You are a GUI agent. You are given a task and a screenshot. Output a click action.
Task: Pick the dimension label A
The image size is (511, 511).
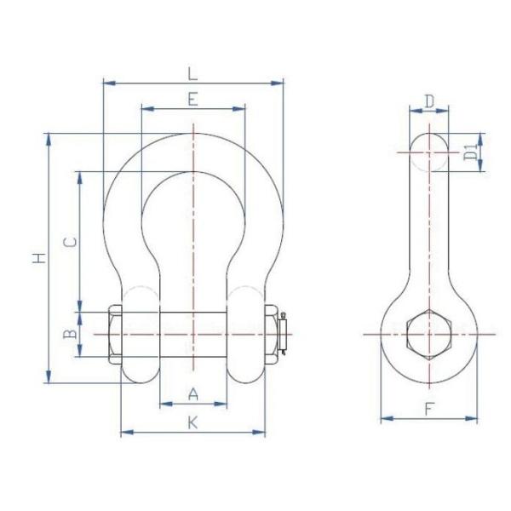click(x=192, y=393)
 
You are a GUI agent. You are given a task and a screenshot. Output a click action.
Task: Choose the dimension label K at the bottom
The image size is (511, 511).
click(x=192, y=422)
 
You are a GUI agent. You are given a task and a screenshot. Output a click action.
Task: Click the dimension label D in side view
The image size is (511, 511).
click(x=429, y=100)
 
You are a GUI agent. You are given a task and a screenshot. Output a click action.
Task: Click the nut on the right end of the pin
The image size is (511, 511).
click(x=272, y=334)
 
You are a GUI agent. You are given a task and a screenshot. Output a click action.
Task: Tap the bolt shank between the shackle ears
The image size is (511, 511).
click(x=192, y=334)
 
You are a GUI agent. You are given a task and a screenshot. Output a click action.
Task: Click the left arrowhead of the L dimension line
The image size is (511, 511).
click(x=106, y=83)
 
